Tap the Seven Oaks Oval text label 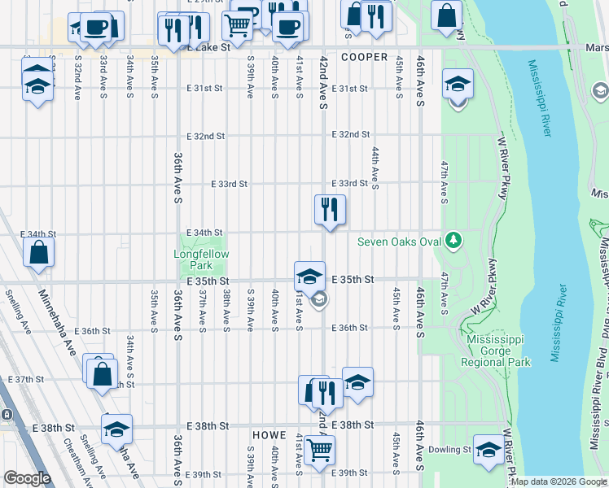(400, 242)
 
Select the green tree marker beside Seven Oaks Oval (453, 241)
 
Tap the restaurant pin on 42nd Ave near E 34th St (330, 210)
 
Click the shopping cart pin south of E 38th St (319, 447)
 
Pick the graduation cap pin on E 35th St (309, 277)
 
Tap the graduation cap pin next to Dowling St (488, 450)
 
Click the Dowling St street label (454, 449)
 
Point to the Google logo (27, 478)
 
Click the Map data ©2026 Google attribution (559, 481)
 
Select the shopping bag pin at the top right (446, 15)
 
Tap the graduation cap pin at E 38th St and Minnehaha (116, 429)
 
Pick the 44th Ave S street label (375, 168)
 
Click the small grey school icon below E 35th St (321, 300)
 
